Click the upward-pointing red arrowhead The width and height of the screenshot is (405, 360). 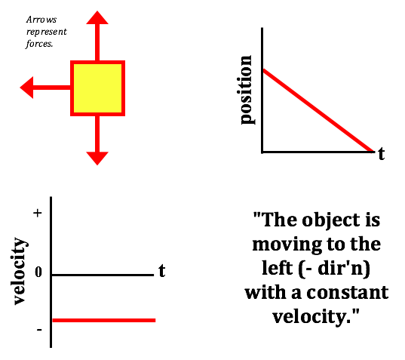click(x=97, y=17)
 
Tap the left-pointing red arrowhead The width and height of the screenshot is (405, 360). click(x=26, y=88)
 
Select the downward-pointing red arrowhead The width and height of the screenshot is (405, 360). click(x=97, y=158)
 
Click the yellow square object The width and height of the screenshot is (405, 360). click(x=97, y=88)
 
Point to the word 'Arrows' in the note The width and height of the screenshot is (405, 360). click(x=41, y=20)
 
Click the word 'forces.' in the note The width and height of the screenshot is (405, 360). click(x=39, y=44)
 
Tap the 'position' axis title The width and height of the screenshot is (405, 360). click(x=246, y=90)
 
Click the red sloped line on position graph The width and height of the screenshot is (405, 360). click(x=318, y=111)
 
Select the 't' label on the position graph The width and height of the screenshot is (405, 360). click(x=382, y=153)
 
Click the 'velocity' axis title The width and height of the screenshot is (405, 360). click(x=20, y=271)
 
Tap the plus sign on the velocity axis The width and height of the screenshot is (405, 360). click(x=38, y=213)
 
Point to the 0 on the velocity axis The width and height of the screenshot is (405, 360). click(x=38, y=272)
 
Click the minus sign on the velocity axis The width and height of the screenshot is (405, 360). click(x=39, y=330)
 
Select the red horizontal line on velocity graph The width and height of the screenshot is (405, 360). click(x=104, y=321)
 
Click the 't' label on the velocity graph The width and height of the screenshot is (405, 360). click(x=162, y=271)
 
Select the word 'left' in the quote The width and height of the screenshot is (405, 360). click(x=278, y=268)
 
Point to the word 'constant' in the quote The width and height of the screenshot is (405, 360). click(x=348, y=293)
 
